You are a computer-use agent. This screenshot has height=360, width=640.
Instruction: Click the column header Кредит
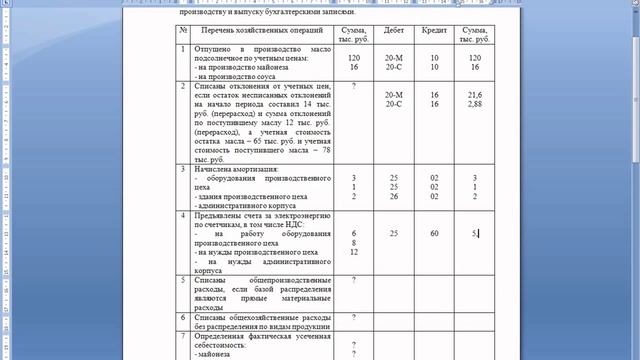(x=434, y=33)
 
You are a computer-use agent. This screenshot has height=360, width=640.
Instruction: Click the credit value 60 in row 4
(x=435, y=233)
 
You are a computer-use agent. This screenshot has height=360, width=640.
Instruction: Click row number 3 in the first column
(x=183, y=168)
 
